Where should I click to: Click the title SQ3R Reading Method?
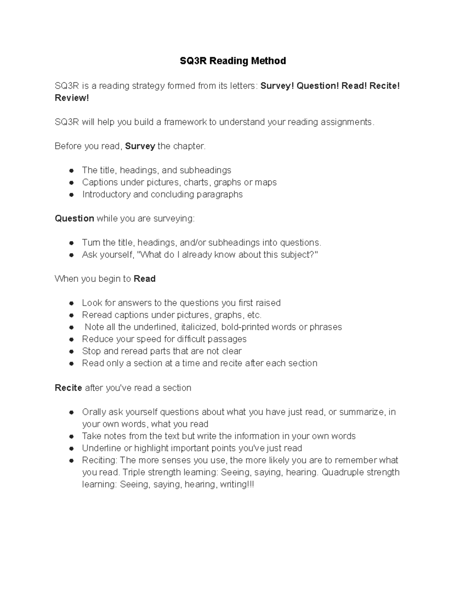(x=233, y=61)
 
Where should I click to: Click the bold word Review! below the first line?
(x=72, y=98)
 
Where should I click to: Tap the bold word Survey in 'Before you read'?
(x=140, y=146)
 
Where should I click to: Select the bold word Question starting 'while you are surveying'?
(x=74, y=219)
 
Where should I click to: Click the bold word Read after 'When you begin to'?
(x=144, y=279)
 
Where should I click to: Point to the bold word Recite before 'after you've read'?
(x=68, y=388)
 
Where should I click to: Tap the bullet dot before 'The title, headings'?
(x=71, y=170)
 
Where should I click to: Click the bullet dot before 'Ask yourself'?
(x=71, y=255)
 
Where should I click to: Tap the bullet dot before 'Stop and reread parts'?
(x=71, y=351)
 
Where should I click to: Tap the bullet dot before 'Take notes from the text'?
(x=71, y=436)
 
